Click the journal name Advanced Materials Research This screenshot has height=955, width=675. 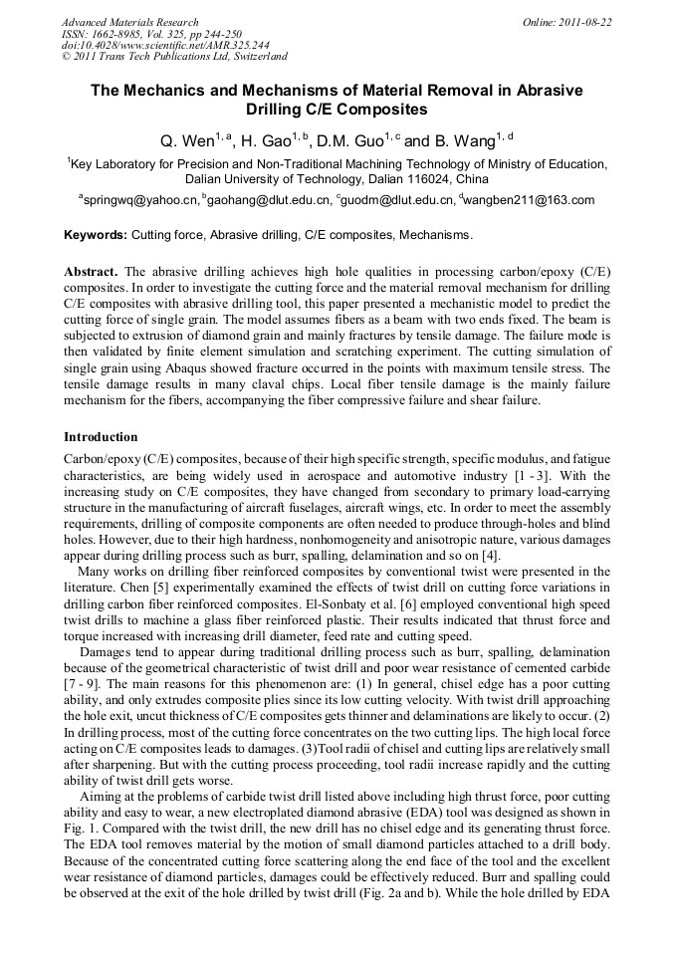pyautogui.click(x=129, y=22)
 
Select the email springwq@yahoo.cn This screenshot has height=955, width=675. pyautogui.click(x=140, y=200)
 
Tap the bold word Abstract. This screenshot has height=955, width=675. pyautogui.click(x=91, y=272)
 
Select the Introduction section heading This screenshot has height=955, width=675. pyautogui.click(x=101, y=436)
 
